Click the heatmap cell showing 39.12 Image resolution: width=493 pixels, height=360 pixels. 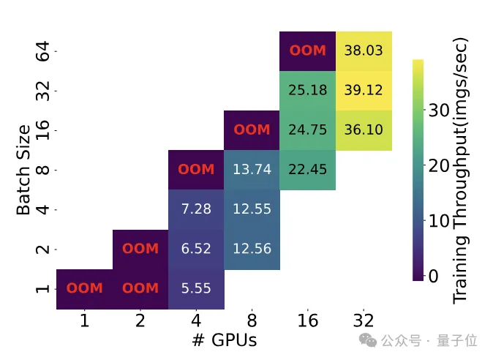point(364,91)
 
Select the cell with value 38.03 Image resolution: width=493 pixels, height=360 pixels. point(364,51)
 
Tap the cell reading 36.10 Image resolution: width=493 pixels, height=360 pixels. point(364,130)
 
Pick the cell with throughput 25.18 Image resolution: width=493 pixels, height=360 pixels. point(307,91)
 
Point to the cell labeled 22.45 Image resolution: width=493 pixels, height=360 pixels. point(307,170)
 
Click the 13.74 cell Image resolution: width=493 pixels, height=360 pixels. point(252,170)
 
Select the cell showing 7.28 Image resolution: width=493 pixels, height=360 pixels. point(196,209)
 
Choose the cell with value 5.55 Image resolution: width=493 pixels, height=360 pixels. point(196,288)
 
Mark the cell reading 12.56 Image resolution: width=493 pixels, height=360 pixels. point(252,249)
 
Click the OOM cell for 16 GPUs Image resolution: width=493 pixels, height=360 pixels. point(307,51)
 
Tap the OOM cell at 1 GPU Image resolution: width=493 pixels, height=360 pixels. point(85,288)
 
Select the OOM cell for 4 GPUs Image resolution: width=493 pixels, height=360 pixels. point(196,170)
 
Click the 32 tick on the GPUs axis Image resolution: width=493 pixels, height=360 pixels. point(364,320)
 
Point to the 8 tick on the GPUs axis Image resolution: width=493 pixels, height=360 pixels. point(252,320)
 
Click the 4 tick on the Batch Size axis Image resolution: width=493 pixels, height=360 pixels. point(43,209)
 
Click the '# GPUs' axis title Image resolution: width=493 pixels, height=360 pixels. point(224,340)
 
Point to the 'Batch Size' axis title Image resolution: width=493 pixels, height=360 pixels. point(23,170)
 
